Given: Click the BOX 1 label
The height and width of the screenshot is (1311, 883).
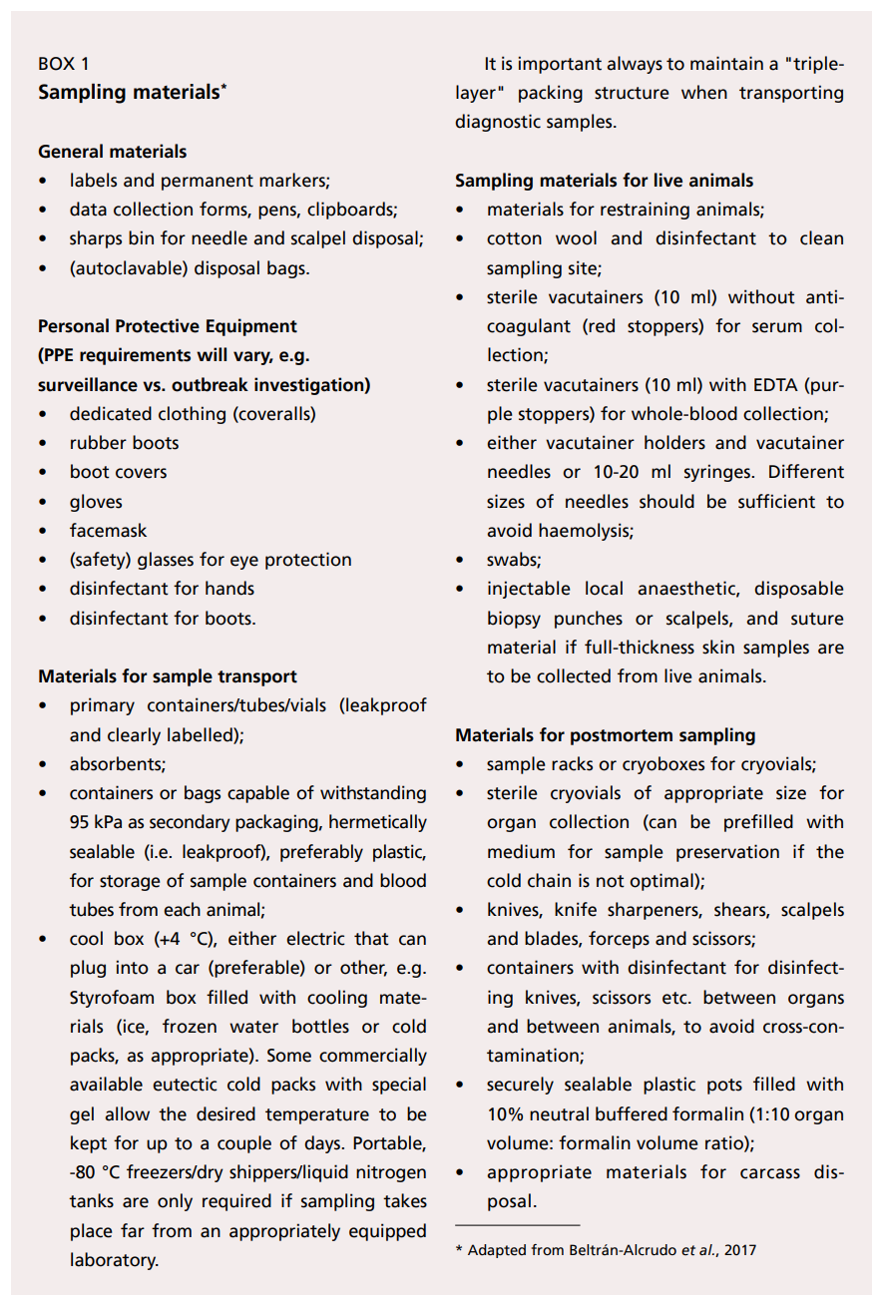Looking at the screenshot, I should pos(63,64).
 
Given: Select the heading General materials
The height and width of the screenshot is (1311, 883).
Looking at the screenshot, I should pos(112,152).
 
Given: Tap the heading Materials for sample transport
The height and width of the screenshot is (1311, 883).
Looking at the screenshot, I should pos(167,676).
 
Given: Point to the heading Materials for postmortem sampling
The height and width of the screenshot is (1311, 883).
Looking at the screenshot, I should pos(605,735).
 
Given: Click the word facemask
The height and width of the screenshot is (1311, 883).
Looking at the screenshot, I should pos(108,531).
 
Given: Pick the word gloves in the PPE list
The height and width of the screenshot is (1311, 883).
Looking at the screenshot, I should pos(96,502).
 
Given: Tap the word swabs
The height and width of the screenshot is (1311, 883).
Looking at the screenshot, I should pos(512,561).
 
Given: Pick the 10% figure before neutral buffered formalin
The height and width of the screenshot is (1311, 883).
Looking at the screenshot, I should pos(506,1113).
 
